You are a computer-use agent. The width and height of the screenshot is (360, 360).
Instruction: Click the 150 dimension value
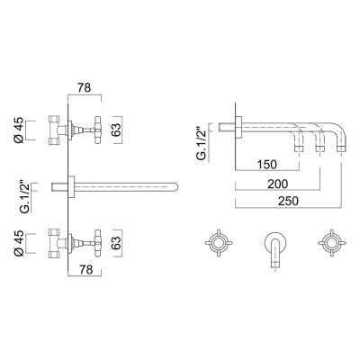pos(266,166)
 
